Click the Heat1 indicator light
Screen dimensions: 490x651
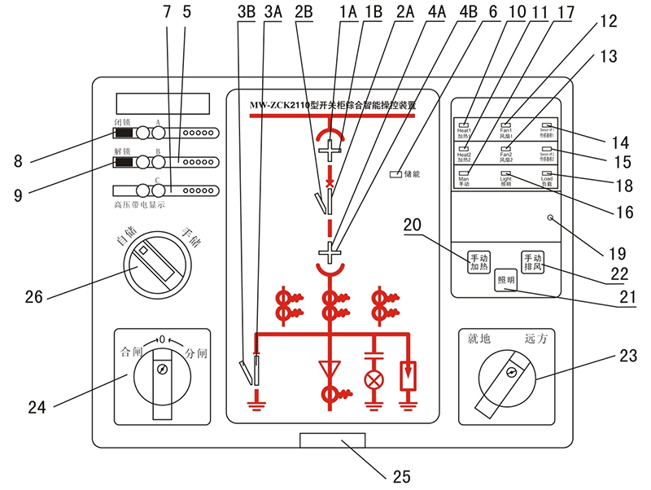pos(464,122)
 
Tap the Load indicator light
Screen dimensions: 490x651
pos(547,174)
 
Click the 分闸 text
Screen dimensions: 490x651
pos(198,352)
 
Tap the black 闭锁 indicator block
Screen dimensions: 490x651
pos(124,133)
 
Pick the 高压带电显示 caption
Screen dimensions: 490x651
pos(138,205)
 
